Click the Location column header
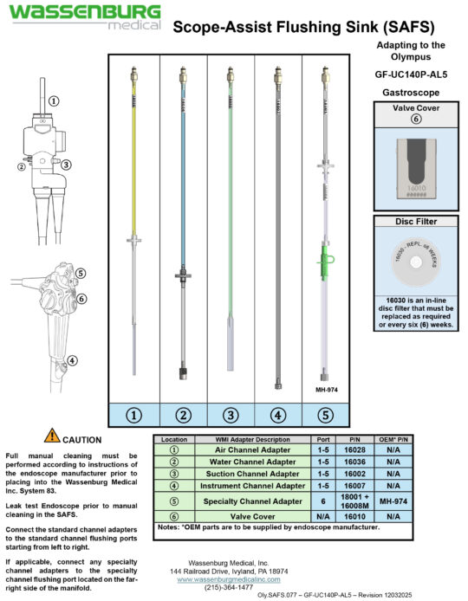173,439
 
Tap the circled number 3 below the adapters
230,415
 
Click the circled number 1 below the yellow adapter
134,415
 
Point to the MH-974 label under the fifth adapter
325,390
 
